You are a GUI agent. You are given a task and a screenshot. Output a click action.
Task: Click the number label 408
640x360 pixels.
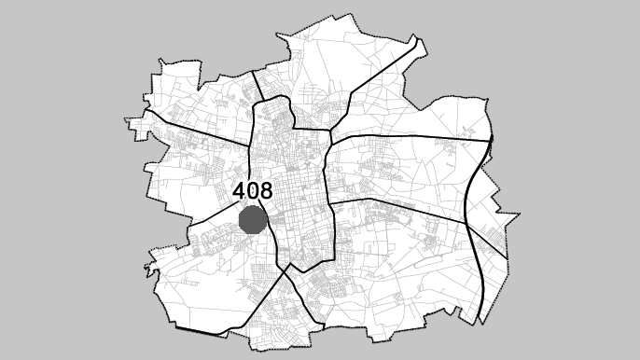coord(253,191)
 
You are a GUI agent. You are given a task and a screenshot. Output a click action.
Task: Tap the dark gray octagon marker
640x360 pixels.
coord(253,221)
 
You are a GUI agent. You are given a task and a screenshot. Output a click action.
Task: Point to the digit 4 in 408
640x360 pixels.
coord(240,191)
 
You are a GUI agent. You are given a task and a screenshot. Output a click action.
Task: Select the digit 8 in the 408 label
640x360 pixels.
coord(265,191)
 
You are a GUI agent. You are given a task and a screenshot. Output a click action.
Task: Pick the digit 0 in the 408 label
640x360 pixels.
coord(253,191)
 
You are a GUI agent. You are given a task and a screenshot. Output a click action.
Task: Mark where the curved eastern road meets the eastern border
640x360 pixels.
coord(491,140)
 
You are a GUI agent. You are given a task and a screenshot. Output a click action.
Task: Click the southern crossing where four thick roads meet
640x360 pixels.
coord(290,270)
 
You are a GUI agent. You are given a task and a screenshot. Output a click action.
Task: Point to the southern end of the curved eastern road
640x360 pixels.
coord(480,321)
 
